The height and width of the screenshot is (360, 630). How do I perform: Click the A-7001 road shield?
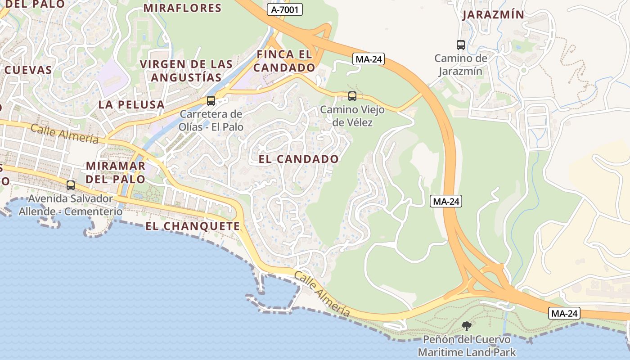[x=284, y=9]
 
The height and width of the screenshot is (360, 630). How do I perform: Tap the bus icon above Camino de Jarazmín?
[x=460, y=45]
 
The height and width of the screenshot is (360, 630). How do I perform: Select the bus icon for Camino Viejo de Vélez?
[x=352, y=96]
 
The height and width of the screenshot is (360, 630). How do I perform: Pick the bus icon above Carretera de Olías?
[x=211, y=101]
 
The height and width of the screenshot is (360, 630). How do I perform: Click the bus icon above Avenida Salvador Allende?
[x=71, y=185]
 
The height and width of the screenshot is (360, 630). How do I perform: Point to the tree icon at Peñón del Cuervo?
[x=467, y=326]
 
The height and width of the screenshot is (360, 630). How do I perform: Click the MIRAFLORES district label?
[x=182, y=8]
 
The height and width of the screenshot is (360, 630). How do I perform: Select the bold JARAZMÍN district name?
[x=493, y=15]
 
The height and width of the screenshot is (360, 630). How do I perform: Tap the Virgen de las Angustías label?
[x=186, y=71]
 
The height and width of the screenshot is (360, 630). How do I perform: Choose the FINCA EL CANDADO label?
[x=285, y=61]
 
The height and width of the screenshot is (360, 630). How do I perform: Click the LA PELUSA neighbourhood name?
[x=131, y=105]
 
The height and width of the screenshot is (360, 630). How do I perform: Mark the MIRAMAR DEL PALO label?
[x=116, y=172]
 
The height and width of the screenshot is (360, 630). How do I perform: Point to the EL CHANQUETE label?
[x=193, y=226]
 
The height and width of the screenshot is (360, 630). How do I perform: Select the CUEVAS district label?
[x=28, y=70]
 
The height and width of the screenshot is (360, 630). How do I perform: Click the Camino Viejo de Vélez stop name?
[x=346, y=116]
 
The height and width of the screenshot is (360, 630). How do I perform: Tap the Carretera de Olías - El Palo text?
[x=211, y=121]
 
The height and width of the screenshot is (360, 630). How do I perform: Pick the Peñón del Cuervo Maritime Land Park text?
[x=467, y=346]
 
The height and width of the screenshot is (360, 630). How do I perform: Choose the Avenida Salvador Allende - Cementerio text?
[x=71, y=205]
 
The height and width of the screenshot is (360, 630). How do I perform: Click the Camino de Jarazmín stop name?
[x=461, y=65]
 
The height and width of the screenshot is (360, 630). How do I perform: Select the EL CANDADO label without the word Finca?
[x=298, y=159]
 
